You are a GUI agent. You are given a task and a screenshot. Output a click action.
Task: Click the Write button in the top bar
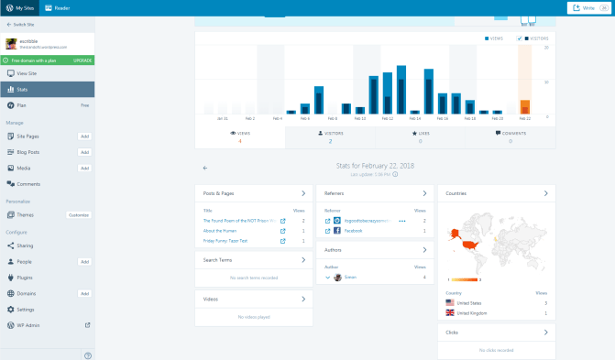(x=587, y=7)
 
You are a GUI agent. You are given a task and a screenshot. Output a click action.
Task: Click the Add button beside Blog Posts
(x=84, y=152)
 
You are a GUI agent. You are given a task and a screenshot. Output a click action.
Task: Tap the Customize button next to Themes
(x=79, y=215)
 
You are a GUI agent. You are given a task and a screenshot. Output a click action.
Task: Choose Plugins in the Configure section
(x=26, y=278)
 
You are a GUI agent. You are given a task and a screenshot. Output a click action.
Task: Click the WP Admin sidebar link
(x=28, y=324)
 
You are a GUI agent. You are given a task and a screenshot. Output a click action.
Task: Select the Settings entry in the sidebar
(x=26, y=309)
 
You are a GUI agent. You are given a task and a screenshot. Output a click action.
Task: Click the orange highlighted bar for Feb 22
(x=524, y=106)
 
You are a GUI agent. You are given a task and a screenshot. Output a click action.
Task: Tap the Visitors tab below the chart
(x=330, y=136)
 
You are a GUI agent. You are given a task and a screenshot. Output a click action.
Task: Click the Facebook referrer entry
(x=353, y=231)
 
